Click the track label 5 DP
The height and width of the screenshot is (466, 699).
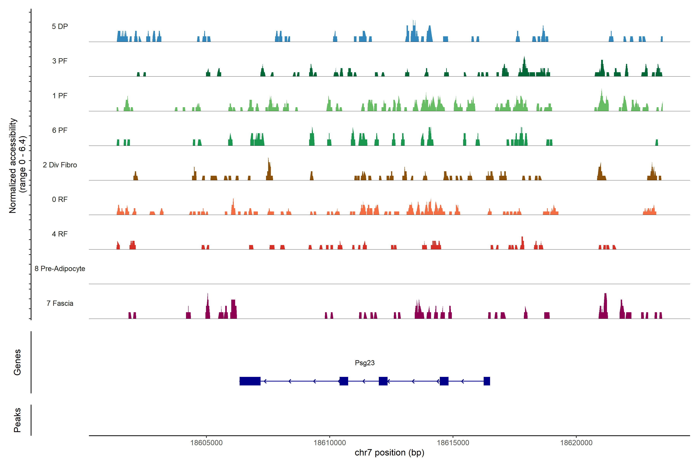coord(60,26)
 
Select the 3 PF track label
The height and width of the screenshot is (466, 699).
coord(60,61)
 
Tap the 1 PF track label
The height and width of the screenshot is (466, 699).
coord(60,96)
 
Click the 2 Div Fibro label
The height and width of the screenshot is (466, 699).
coord(60,165)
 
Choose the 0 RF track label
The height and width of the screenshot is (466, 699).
coord(60,199)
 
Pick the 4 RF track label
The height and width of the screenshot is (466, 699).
coord(60,234)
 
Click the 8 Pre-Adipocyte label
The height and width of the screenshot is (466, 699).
coord(60,269)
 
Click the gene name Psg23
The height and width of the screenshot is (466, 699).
coord(365,363)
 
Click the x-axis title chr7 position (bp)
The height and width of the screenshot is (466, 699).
coord(389,453)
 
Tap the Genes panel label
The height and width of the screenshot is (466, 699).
coord(17,362)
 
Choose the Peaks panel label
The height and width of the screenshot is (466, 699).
coord(17,420)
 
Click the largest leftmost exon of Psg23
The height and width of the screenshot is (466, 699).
coord(250,381)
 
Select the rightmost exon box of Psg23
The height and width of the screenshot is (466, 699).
coord(487,381)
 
